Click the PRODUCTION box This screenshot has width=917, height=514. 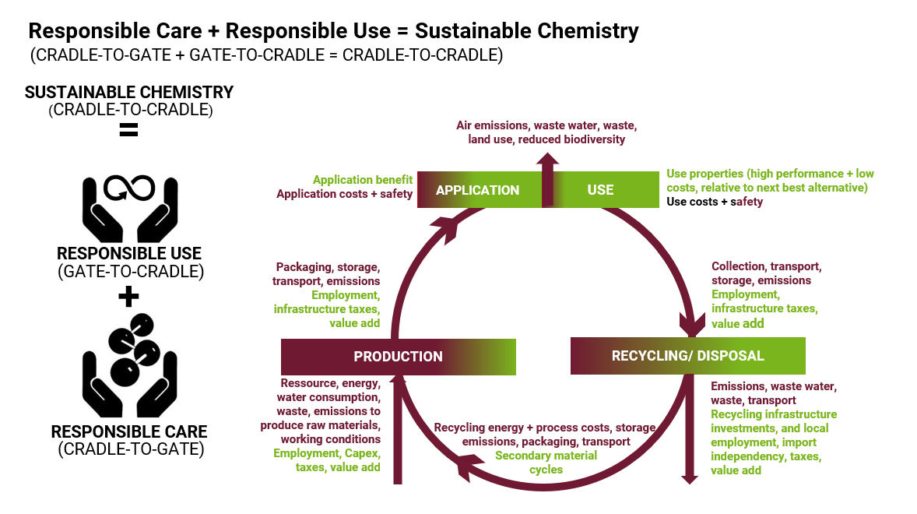pyautogui.click(x=398, y=357)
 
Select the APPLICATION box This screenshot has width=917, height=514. pyautogui.click(x=477, y=190)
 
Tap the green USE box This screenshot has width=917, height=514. pyautogui.click(x=600, y=190)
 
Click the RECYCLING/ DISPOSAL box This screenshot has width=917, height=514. pyautogui.click(x=687, y=356)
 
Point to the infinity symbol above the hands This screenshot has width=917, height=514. pyautogui.click(x=130, y=188)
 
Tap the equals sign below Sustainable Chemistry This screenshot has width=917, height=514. pyautogui.click(x=128, y=130)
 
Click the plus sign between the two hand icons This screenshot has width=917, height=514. pyautogui.click(x=128, y=296)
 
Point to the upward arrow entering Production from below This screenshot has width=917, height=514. pyautogui.click(x=398, y=428)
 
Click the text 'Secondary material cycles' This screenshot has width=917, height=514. pyautogui.click(x=546, y=462)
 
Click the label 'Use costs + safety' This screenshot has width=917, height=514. pyautogui.click(x=715, y=202)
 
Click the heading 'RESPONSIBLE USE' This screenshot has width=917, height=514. pyautogui.click(x=129, y=254)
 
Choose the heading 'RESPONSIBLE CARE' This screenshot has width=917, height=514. pyautogui.click(x=129, y=431)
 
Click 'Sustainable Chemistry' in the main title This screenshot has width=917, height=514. pyautogui.click(x=526, y=32)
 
